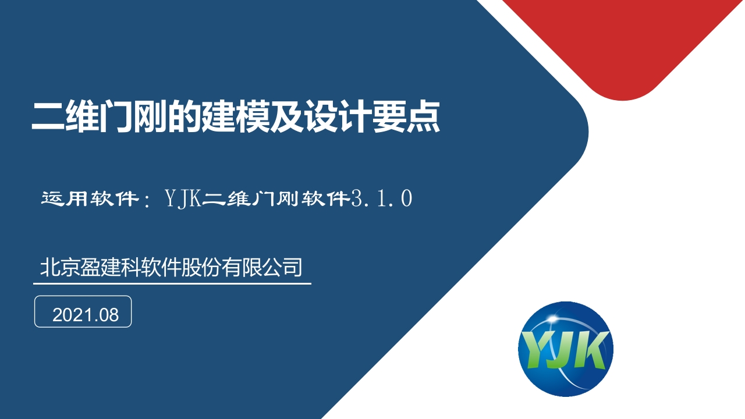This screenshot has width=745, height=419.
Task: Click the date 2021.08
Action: pos(85,315)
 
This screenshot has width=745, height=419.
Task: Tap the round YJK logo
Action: pos(565,349)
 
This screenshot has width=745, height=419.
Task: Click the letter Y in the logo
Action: pos(535,350)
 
